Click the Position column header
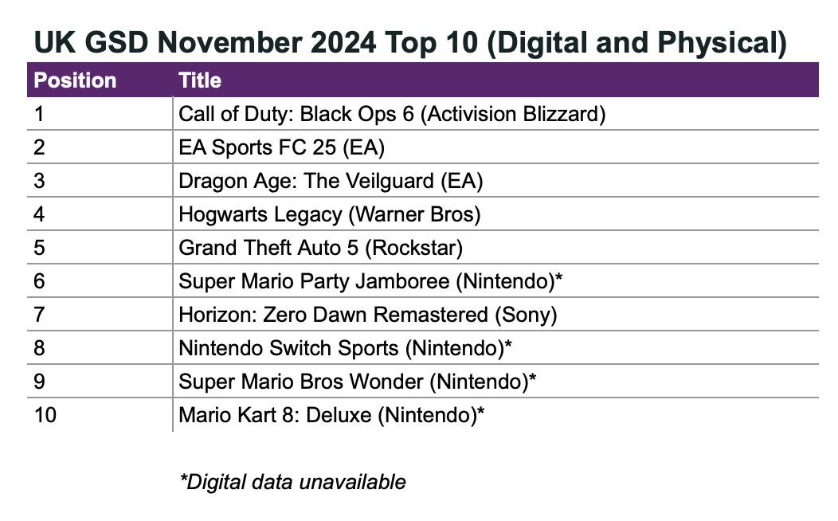coord(75,80)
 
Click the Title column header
coord(200,80)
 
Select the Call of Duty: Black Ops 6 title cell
coord(392,114)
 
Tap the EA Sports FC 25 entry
coord(282,147)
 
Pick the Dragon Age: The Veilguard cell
coord(331,181)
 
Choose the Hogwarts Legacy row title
coord(329,214)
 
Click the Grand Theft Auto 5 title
coord(320,248)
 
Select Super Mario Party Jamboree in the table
coord(371,281)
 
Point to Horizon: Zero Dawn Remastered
coord(367,315)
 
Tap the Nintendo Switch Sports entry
coord(345,348)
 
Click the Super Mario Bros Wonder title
coord(357,382)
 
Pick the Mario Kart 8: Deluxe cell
coord(331,415)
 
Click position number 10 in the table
coord(45,415)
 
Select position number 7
coord(40,315)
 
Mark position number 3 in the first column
coord(40,181)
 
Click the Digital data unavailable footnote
coord(293,482)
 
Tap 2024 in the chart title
coord(343,43)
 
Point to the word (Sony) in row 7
coord(526,315)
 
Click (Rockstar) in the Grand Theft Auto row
coord(413,248)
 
